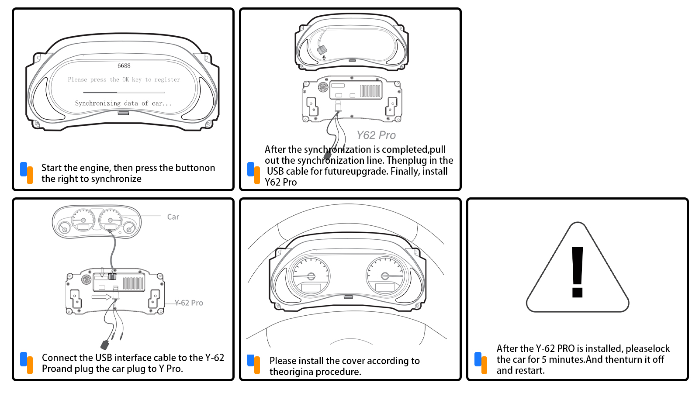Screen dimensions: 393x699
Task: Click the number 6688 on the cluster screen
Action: [x=124, y=66]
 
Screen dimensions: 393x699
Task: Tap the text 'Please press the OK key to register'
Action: [x=124, y=79]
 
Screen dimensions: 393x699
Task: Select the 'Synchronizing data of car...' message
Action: [x=123, y=103]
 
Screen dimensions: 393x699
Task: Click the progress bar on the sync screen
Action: [x=124, y=93]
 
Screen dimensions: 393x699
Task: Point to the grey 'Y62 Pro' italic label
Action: [x=376, y=135]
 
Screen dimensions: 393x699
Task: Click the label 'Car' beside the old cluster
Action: [x=173, y=217]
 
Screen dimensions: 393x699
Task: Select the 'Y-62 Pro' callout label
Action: [x=189, y=303]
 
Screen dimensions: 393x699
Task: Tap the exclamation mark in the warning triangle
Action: [x=577, y=272]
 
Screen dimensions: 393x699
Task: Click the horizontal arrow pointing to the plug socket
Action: [x=101, y=297]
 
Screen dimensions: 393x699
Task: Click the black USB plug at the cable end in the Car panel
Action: [x=105, y=345]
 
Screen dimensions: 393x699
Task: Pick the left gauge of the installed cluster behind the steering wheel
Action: [x=311, y=276]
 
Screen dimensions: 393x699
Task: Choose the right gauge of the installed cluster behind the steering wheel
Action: [x=385, y=275]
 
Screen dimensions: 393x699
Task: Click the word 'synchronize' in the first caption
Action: [x=116, y=179]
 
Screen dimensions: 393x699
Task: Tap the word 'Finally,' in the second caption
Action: [x=405, y=172]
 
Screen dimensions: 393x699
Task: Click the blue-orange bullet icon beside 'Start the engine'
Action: [x=27, y=173]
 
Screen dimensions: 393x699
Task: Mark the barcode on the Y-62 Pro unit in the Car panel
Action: [x=133, y=283]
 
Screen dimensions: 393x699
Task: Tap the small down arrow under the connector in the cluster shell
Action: [x=324, y=58]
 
